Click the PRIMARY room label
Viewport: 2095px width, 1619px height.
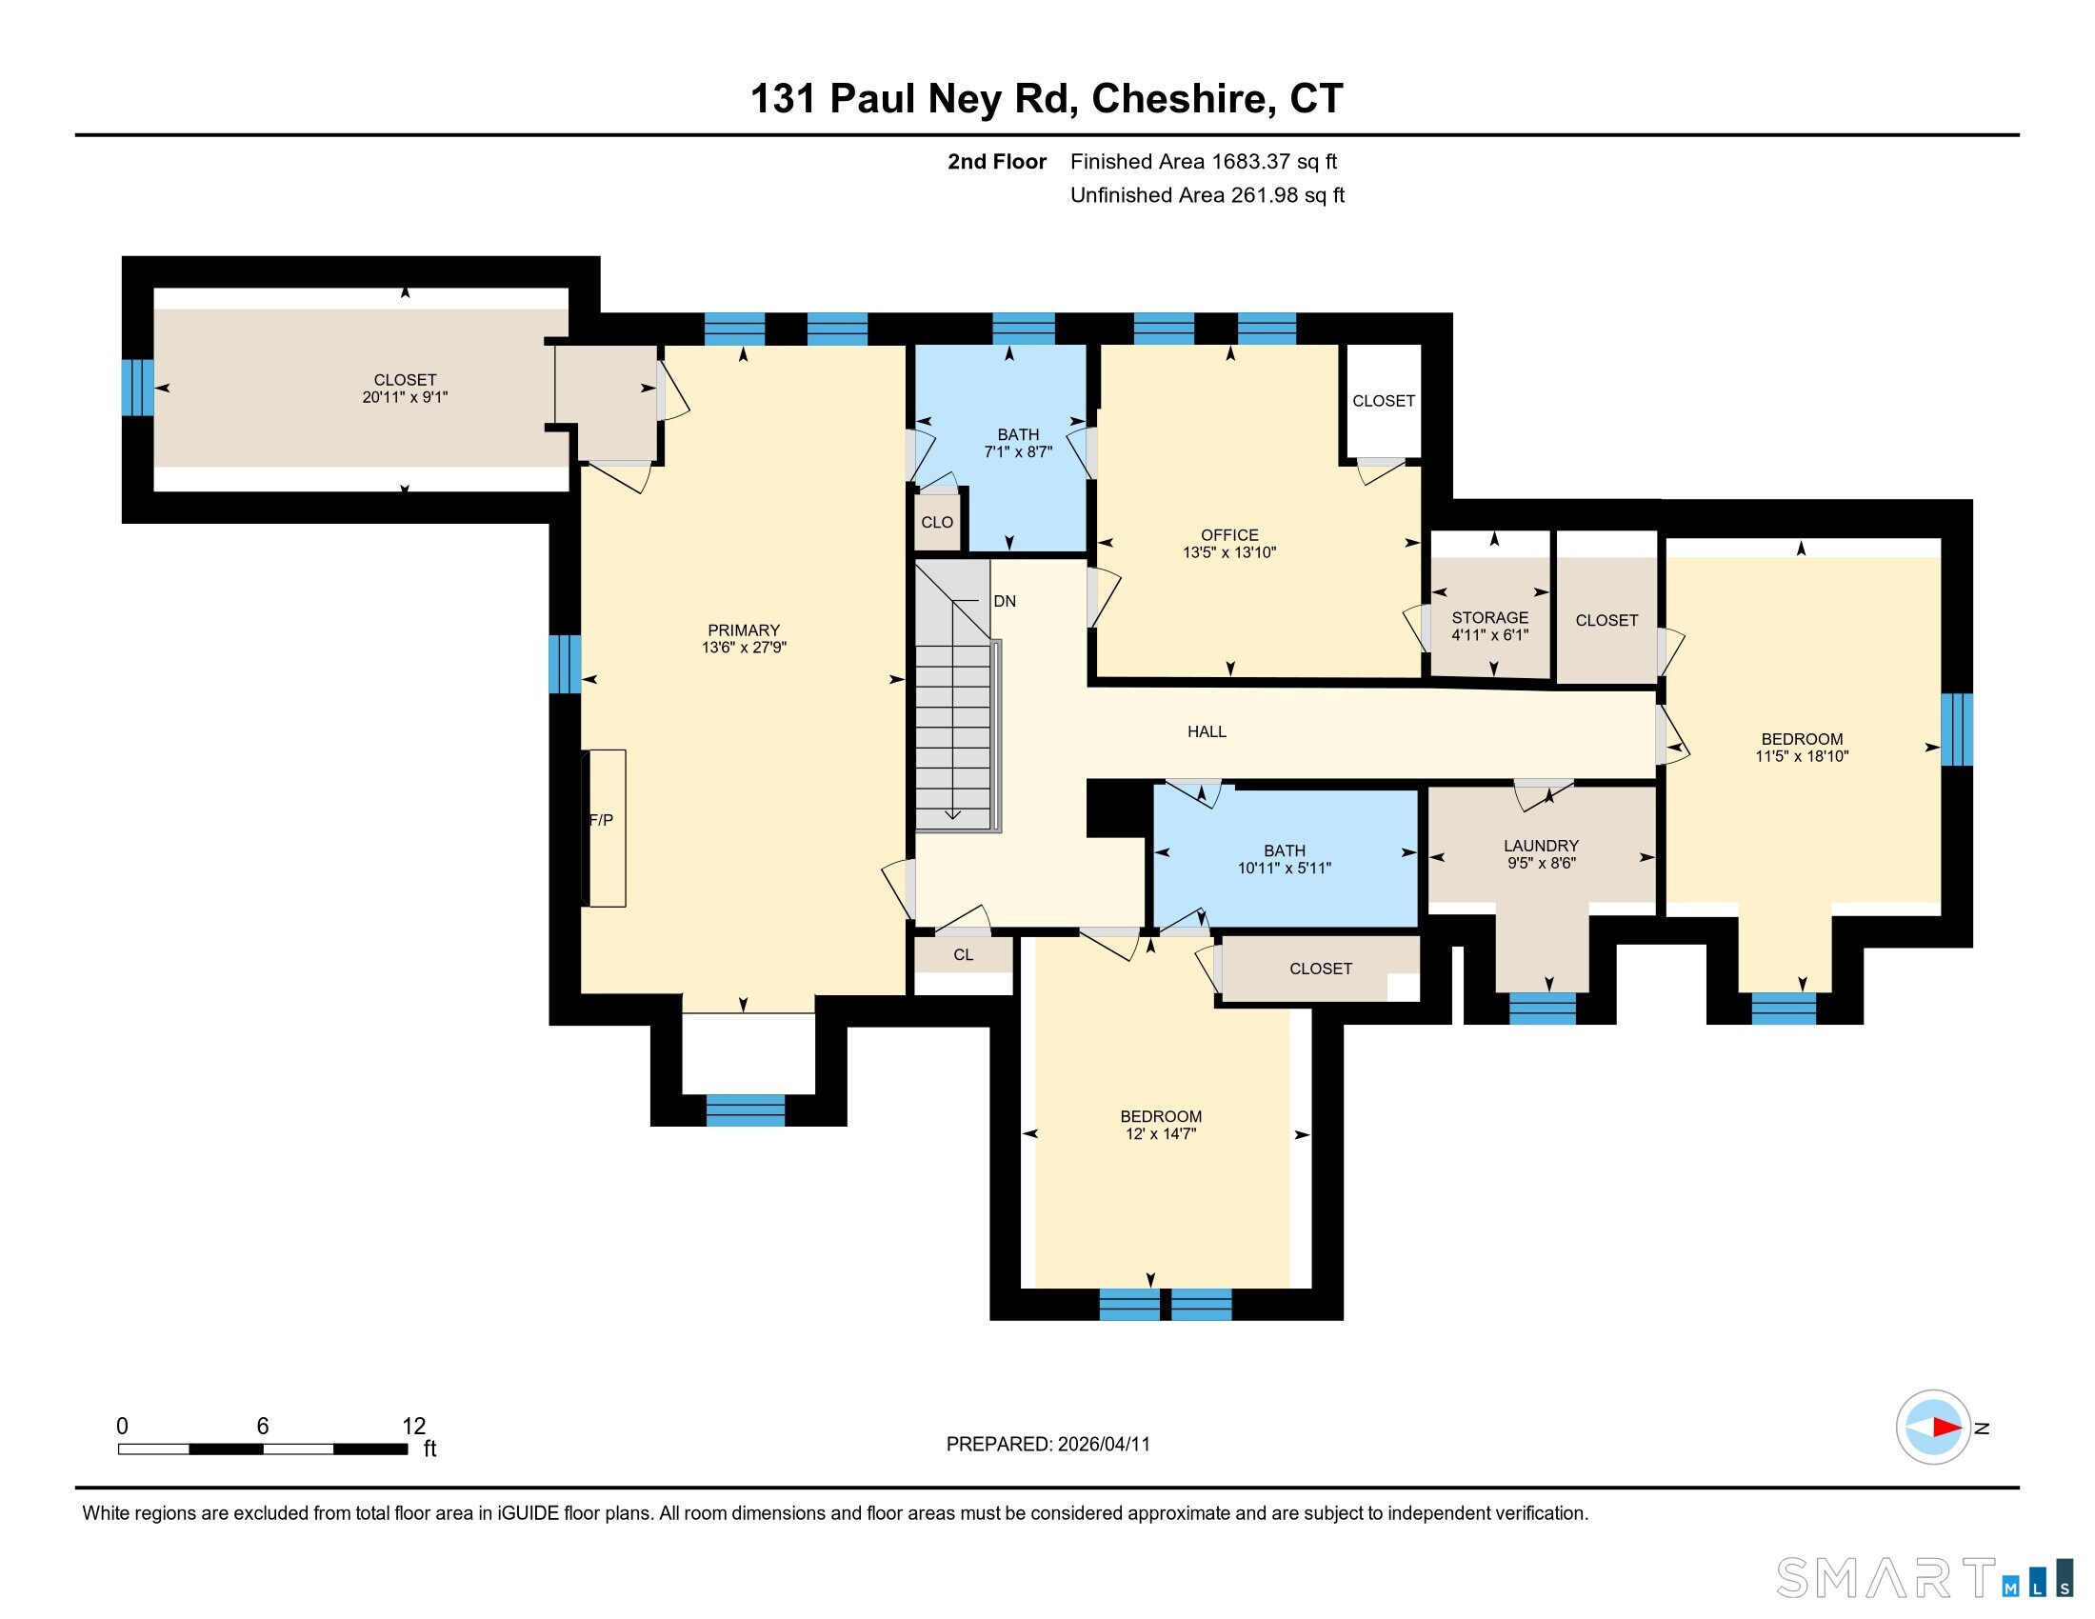coord(744,630)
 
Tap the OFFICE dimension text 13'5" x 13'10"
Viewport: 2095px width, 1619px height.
coord(1229,552)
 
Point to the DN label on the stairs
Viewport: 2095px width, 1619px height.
coord(1005,601)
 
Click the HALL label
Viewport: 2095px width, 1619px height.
coord(1207,731)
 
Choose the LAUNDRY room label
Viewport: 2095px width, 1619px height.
coord(1542,845)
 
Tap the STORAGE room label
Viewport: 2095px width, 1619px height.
coord(1489,618)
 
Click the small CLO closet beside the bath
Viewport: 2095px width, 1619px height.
coord(937,522)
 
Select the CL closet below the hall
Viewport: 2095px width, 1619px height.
coord(963,954)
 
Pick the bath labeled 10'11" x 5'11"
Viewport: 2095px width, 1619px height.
coord(1285,858)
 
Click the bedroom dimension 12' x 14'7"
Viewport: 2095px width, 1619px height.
coord(1161,1133)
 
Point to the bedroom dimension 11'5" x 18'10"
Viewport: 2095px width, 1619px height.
coord(1802,756)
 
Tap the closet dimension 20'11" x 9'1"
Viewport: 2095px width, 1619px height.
coord(405,397)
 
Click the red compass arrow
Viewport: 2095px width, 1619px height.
coord(1946,1428)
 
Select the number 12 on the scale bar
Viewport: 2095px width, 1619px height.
coord(413,1427)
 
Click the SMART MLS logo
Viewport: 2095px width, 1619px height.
coord(1925,1578)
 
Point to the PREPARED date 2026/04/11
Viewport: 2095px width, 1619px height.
coord(1103,1445)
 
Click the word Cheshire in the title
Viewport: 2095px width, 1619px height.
coord(1184,99)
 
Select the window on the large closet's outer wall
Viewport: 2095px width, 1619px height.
coord(137,388)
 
